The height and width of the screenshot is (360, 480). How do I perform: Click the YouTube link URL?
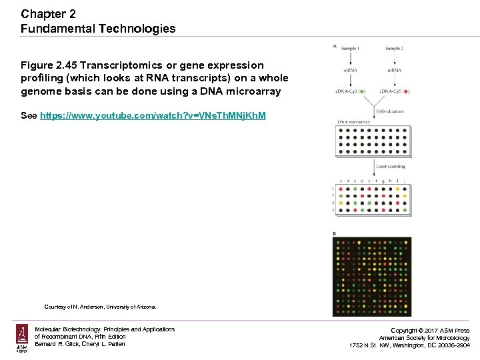pos(153,116)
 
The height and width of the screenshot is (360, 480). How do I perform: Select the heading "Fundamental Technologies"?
pos(98,29)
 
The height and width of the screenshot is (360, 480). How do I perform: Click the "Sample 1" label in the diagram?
pos(350,49)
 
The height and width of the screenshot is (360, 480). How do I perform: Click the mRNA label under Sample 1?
pos(351,70)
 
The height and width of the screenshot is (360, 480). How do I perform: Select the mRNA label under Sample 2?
pos(393,70)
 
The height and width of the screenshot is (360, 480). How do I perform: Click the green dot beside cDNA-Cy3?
pos(361,91)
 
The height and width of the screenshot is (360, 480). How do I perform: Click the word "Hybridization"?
pos(389,112)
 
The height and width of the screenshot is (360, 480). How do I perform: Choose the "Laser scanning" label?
pos(390,166)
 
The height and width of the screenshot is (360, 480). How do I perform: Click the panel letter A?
pos(335,46)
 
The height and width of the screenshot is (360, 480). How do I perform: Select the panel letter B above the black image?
pos(335,233)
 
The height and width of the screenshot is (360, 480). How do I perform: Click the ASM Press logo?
pos(22,339)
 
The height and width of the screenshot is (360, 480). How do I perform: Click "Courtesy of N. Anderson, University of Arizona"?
pos(100,307)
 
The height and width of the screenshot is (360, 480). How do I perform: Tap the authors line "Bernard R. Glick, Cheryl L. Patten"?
pos(80,344)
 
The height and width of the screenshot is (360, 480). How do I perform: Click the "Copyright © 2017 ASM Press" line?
pos(429,331)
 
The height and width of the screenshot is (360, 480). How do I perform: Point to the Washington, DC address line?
pos(409,345)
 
